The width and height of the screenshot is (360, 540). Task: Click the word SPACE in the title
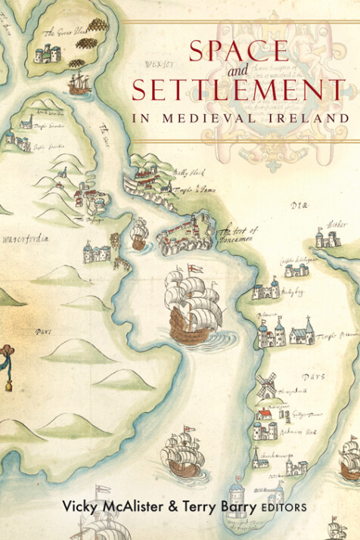[237, 52]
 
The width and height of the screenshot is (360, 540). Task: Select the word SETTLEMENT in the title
[239, 92]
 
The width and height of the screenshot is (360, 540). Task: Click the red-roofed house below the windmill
[264, 414]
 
